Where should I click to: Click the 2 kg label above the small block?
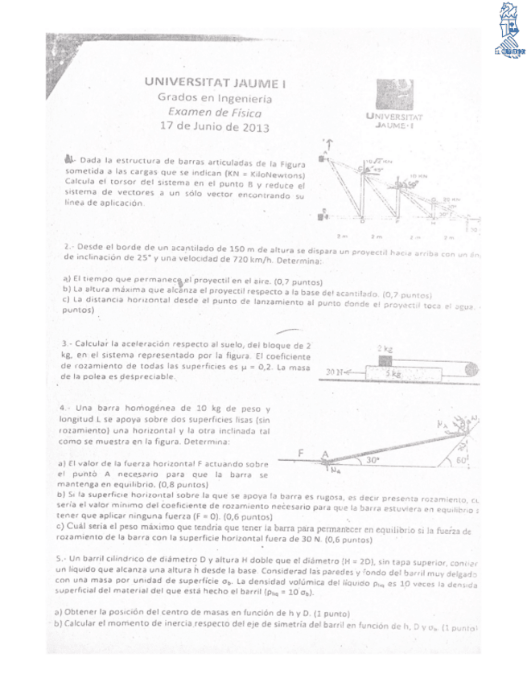(x=385, y=348)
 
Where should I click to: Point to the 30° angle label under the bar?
(x=372, y=461)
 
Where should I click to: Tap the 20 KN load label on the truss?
(x=451, y=199)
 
